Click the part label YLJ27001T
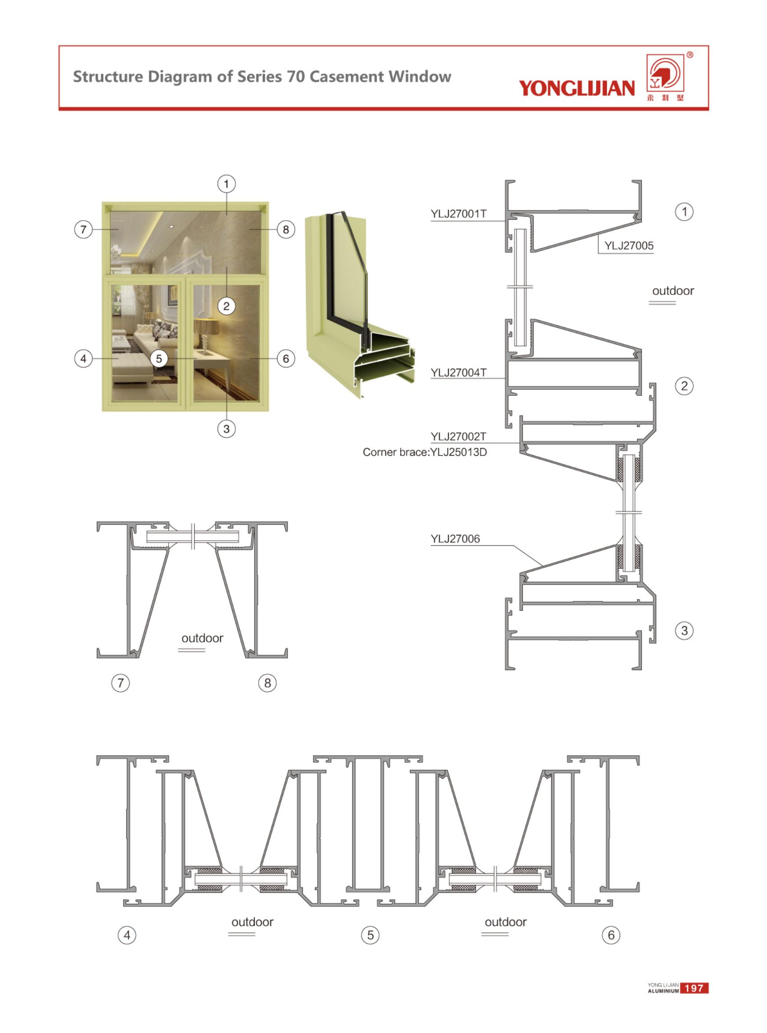[458, 214]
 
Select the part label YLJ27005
[629, 246]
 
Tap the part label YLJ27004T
[458, 372]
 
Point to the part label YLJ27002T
[458, 436]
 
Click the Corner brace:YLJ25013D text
[425, 452]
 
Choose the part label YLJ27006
[455, 539]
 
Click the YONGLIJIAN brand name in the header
[577, 88]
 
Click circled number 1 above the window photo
[227, 184]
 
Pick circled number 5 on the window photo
[159, 358]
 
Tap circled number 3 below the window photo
[227, 429]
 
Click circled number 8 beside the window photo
[286, 229]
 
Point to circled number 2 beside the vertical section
[684, 386]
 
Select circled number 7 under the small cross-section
[121, 683]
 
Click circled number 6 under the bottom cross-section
[611, 935]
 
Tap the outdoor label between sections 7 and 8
[202, 638]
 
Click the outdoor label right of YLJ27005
[673, 291]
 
